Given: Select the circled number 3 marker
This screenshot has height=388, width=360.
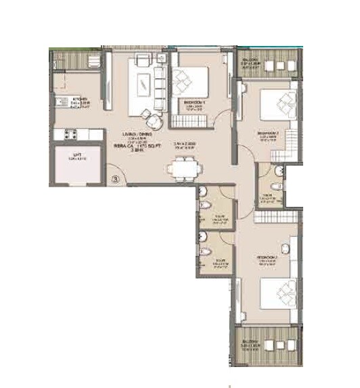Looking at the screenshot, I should [116, 179].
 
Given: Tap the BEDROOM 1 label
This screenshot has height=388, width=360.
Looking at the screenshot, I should [194, 103].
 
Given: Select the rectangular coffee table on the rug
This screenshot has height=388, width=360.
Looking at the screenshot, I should [144, 84].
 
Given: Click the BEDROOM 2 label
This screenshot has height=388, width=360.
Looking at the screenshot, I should [269, 134].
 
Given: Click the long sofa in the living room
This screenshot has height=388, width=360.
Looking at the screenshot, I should [160, 82].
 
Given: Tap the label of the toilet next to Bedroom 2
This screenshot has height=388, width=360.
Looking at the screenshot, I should [267, 197].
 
